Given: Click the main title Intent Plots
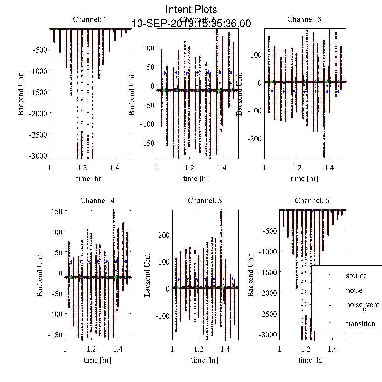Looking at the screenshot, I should (x=191, y=9).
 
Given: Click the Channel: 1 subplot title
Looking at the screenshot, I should (x=90, y=19).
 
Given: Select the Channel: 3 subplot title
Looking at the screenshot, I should (x=304, y=19).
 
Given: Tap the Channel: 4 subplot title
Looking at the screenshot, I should (x=97, y=201).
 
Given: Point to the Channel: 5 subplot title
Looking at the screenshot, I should (x=205, y=201).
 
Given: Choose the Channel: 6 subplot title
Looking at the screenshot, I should (x=312, y=201).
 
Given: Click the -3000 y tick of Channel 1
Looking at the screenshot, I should (x=38, y=156).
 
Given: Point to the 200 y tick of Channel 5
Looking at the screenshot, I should (x=164, y=235).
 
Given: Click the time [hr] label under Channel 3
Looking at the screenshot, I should (x=304, y=179).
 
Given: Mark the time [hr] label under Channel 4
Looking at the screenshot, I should (x=97, y=360).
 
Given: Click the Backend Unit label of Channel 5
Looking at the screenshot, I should (x=147, y=275).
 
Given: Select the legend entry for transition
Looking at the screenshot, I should (x=361, y=324).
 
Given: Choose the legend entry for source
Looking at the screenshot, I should (x=356, y=276).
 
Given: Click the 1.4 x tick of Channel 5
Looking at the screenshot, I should (x=225, y=349).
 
